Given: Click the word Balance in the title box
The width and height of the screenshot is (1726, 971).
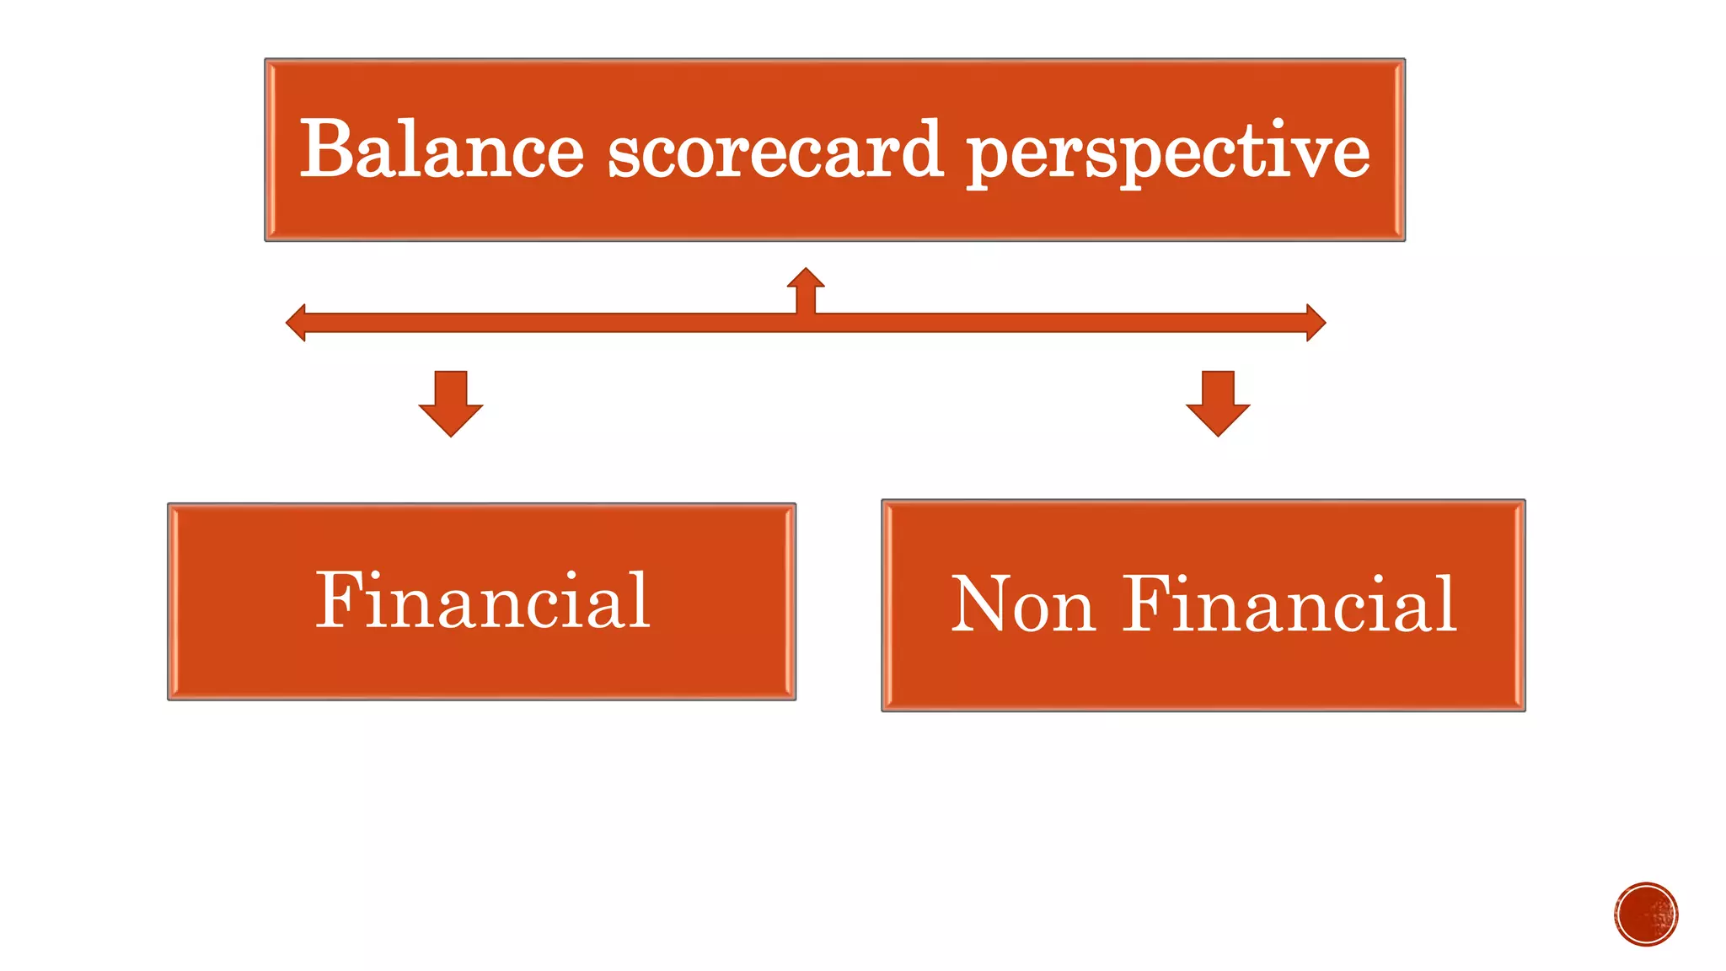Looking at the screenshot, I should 442,150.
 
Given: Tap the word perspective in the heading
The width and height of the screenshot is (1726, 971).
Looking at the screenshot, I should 1168,152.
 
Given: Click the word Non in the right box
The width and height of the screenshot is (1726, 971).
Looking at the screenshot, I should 1023,604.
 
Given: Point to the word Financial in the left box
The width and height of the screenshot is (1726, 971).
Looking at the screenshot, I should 482,600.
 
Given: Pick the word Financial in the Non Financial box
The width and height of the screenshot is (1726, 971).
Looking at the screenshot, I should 1289,604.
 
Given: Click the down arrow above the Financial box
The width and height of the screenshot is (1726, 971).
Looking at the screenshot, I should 451,403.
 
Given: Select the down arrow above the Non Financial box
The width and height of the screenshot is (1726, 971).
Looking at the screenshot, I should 1218,403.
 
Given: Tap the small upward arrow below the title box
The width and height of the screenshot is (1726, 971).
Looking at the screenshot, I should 806,287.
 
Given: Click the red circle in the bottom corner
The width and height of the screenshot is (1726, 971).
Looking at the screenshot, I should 1646,915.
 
